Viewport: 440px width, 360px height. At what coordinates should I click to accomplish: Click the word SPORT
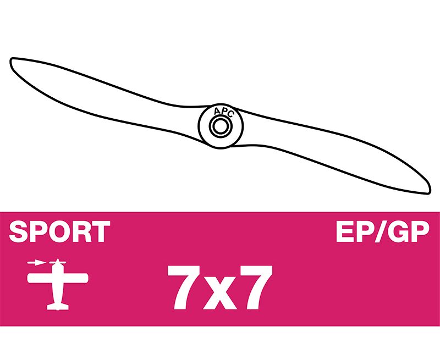[x=59, y=231]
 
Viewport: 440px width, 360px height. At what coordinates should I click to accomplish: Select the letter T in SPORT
[x=102, y=231]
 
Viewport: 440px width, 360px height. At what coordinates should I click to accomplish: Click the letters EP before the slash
[x=355, y=231]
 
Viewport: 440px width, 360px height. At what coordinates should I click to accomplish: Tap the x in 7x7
[x=221, y=293]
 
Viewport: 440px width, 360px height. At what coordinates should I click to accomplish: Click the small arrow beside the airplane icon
[x=37, y=263]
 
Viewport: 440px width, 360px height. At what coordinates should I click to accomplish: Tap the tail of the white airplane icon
[x=58, y=307]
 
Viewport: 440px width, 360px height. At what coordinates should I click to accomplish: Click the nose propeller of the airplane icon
[x=58, y=262]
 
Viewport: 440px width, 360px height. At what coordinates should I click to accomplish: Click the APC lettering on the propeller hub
[x=224, y=112]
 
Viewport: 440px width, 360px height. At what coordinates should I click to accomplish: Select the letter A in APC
[x=217, y=112]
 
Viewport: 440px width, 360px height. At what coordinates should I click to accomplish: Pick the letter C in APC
[x=230, y=114]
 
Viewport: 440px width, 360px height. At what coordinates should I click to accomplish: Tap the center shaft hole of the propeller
[x=221, y=126]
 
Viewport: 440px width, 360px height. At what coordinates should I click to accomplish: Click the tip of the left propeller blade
[x=12, y=60]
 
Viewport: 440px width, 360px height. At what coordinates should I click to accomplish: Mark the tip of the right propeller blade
[x=429, y=191]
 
